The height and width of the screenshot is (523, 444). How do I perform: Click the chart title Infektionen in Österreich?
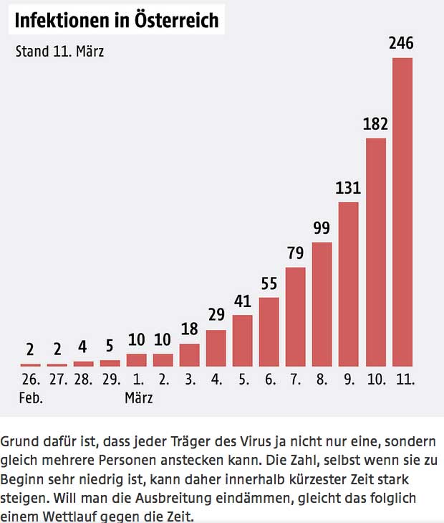click(117, 21)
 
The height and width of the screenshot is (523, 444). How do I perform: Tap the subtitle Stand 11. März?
click(60, 52)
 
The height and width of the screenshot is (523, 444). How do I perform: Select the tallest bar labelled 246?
click(402, 212)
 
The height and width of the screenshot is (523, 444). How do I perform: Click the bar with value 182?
click(376, 252)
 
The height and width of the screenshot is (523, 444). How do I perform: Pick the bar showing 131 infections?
click(349, 284)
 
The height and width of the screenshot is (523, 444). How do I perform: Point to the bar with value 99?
click(322, 304)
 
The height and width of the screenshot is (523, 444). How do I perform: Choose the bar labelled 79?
click(296, 316)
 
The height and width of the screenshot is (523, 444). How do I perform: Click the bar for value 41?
click(243, 341)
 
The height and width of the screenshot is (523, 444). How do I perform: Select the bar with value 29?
click(216, 348)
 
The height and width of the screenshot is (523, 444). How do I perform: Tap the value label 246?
click(402, 44)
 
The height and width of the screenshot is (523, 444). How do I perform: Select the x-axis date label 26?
click(31, 380)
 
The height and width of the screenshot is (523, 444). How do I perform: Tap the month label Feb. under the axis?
click(31, 397)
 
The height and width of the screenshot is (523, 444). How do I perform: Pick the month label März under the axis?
click(138, 397)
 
